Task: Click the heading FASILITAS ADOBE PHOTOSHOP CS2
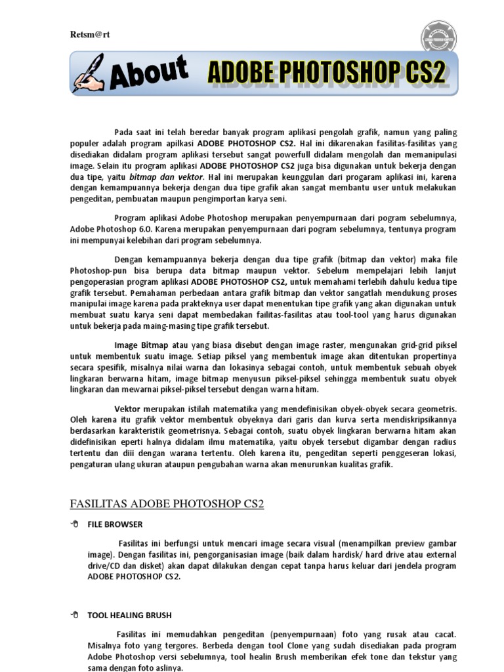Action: click(x=167, y=503)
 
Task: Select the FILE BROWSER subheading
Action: click(x=115, y=524)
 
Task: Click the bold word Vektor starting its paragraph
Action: click(x=127, y=409)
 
